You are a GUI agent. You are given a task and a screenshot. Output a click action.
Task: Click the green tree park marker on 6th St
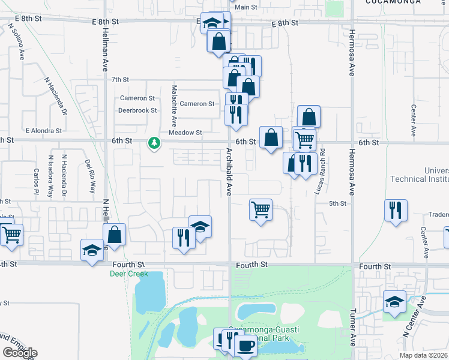[155, 143]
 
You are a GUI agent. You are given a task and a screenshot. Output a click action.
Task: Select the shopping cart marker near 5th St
[261, 210]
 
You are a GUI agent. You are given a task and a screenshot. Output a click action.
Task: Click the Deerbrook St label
[137, 110]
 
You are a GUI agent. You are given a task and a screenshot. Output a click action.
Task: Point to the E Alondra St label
[44, 130]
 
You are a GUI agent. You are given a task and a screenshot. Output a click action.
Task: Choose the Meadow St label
[185, 133]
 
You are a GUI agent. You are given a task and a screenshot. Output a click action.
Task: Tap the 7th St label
[120, 79]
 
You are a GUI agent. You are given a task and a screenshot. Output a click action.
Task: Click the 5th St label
[338, 204]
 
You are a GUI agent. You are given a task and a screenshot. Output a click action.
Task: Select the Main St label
[246, 7]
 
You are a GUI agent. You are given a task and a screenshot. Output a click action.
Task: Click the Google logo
[19, 353]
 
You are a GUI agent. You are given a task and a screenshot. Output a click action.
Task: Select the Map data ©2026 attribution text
[423, 355]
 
